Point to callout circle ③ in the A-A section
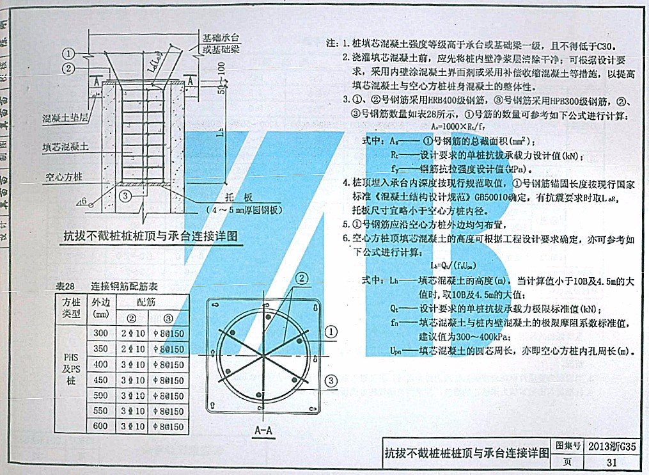pyautogui.click(x=331, y=381)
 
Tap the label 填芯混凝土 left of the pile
pyautogui.click(x=66, y=147)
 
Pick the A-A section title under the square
pyautogui.click(x=263, y=430)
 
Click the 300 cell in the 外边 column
pyautogui.click(x=100, y=334)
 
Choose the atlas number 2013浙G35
pyautogui.click(x=611, y=446)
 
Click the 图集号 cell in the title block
pyautogui.click(x=567, y=446)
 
